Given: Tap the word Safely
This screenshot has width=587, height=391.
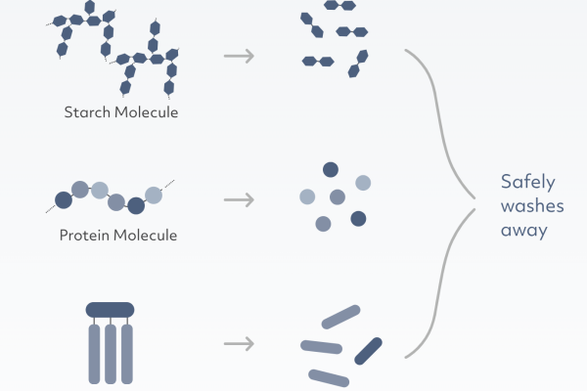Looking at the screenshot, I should tap(527, 181).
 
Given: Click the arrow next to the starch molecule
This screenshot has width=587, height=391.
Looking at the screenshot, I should tap(239, 55).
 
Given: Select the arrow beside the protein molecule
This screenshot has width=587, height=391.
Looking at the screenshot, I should tap(239, 200).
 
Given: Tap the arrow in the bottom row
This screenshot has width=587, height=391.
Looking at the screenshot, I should tap(239, 344).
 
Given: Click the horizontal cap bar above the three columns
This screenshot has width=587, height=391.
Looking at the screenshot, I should tap(110, 309).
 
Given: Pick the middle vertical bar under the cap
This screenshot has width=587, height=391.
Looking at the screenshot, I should tap(110, 352).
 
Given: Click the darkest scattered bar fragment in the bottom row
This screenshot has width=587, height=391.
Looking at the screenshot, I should tap(369, 348).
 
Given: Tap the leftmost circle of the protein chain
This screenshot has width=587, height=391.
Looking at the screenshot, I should tap(64, 200).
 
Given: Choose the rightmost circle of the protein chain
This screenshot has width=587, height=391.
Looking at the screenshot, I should tap(154, 194).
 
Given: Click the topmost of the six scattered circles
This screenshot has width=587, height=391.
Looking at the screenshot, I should tap(331, 169).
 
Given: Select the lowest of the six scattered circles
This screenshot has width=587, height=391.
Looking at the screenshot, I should tap(323, 224).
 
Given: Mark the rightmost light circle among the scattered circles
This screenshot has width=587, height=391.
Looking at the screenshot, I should tap(363, 182).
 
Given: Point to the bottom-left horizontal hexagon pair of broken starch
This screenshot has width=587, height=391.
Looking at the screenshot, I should tap(316, 62).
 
